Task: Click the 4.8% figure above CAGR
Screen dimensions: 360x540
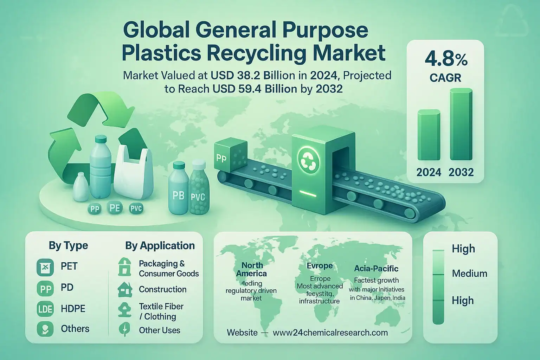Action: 446,59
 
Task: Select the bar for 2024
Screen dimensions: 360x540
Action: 429,135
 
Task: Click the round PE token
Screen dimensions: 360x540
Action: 115,208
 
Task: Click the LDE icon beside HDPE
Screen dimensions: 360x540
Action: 45,309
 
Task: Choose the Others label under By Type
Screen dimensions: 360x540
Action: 75,329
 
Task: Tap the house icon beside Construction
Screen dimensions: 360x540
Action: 124,290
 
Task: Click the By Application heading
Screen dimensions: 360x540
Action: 160,245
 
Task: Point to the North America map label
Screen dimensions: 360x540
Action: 252,269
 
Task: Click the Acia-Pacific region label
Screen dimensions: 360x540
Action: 376,269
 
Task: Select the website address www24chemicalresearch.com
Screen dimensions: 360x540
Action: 330,333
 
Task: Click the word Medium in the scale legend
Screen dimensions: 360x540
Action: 469,273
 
